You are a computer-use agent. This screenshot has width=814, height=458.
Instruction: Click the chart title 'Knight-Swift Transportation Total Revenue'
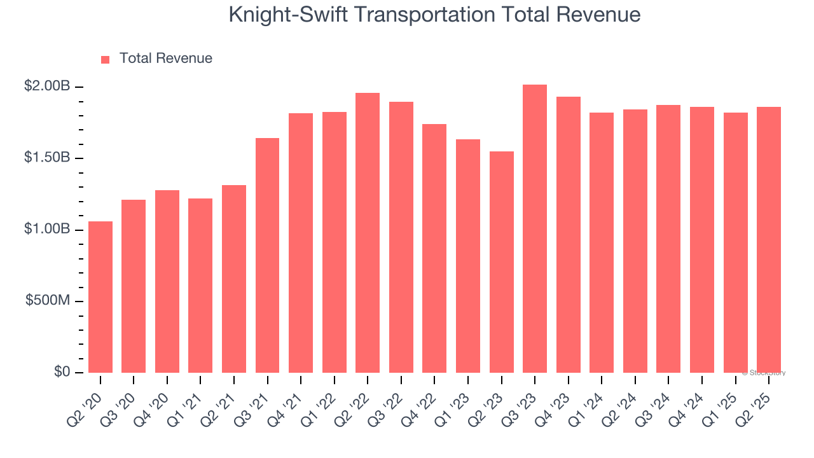[434, 15]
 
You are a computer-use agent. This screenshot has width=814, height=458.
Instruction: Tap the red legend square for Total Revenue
[106, 60]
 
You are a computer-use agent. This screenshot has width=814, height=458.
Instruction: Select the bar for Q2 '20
[100, 297]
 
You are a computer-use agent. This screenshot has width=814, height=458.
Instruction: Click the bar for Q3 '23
[535, 229]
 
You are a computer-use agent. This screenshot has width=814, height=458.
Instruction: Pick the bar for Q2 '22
[368, 233]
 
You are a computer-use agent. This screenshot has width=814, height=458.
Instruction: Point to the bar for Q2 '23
[501, 262]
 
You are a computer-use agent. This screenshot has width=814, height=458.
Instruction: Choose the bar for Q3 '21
[267, 255]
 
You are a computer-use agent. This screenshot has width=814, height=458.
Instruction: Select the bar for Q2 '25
[769, 240]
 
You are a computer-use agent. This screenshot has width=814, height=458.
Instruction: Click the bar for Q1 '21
[200, 286]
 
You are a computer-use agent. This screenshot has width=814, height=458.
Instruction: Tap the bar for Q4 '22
[434, 248]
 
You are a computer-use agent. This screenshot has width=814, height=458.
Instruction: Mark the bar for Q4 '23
[568, 235]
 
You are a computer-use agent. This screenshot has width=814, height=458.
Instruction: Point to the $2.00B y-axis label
[47, 87]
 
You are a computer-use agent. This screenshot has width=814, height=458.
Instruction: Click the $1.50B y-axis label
[47, 158]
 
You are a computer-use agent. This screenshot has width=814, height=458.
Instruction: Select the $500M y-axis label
[48, 300]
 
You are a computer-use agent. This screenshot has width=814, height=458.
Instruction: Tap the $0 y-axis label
[61, 371]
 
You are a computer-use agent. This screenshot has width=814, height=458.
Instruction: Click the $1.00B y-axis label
[47, 229]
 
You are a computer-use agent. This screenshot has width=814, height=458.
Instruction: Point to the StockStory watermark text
[764, 373]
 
